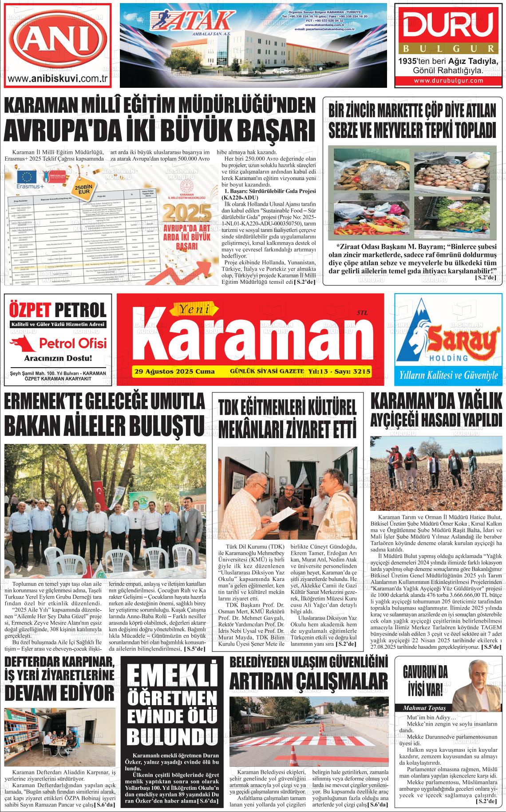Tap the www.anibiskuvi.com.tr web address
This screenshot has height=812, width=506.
tap(58, 78)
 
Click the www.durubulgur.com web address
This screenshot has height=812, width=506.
tap(448, 81)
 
